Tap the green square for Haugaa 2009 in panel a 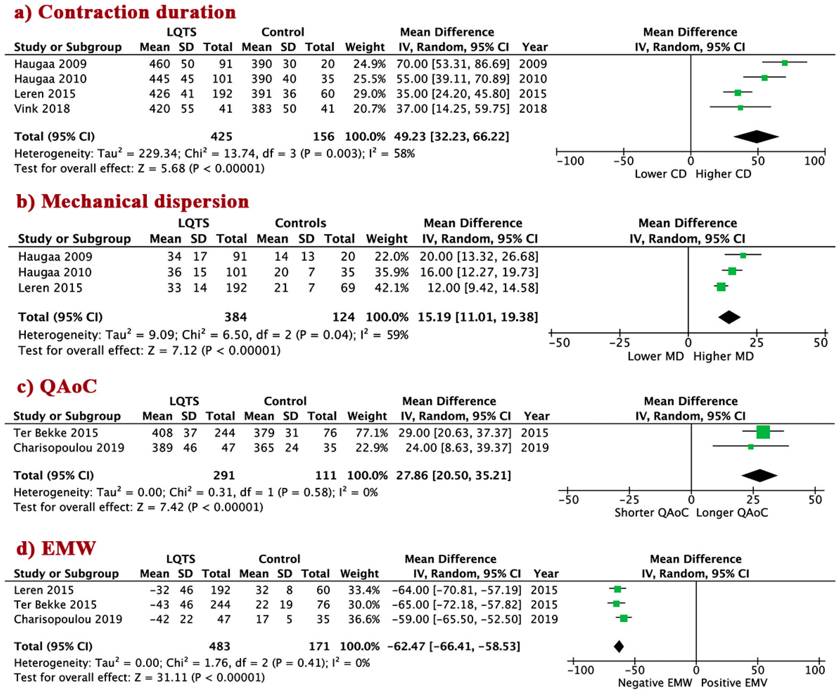[x=784, y=63]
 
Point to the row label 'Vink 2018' [x=42, y=109]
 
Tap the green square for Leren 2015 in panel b [x=721, y=287]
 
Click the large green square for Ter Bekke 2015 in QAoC [x=763, y=432]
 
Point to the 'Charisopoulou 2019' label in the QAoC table [x=69, y=448]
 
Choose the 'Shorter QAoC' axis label [x=651, y=513]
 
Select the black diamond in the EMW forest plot [x=619, y=646]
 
